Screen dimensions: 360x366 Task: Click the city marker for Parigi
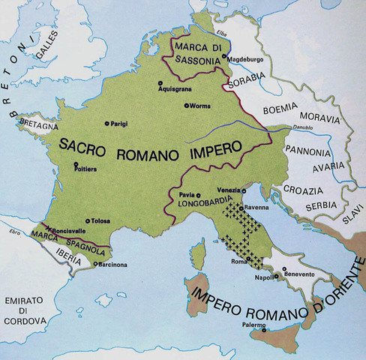click(x=106, y=122)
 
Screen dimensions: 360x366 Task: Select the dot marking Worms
click(x=186, y=106)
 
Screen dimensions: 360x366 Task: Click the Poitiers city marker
click(x=76, y=166)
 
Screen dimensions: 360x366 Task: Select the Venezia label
click(x=229, y=189)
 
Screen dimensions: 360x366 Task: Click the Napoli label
click(x=262, y=277)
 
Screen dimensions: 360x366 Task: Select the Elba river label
click(x=223, y=32)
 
